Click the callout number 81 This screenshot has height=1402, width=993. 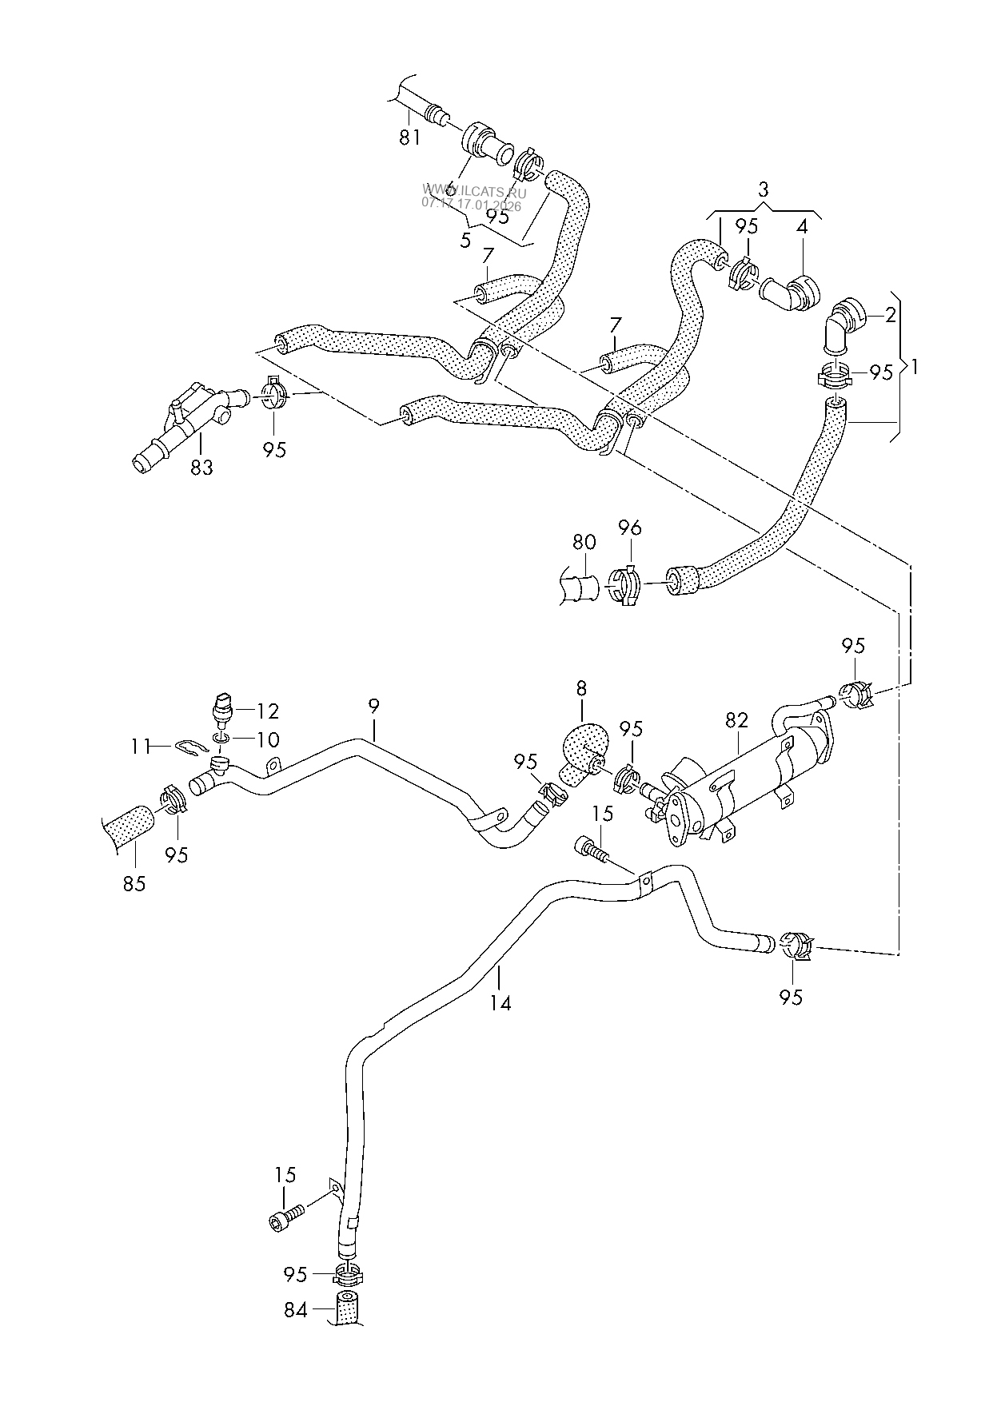pyautogui.click(x=409, y=137)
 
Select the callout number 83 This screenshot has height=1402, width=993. pyautogui.click(x=201, y=467)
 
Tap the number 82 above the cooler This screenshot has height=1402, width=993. pyautogui.click(x=736, y=719)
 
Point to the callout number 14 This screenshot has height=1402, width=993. pyautogui.click(x=500, y=1002)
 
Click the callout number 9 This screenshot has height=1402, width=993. pyautogui.click(x=374, y=706)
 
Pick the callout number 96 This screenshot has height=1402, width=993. pyautogui.click(x=630, y=528)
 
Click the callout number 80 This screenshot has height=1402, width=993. pyautogui.click(x=584, y=541)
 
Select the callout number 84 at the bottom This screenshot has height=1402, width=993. pyautogui.click(x=296, y=1310)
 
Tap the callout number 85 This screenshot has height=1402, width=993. pyautogui.click(x=134, y=884)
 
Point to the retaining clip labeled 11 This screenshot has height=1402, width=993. pyautogui.click(x=190, y=747)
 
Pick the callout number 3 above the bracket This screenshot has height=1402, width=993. pyautogui.click(x=763, y=189)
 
